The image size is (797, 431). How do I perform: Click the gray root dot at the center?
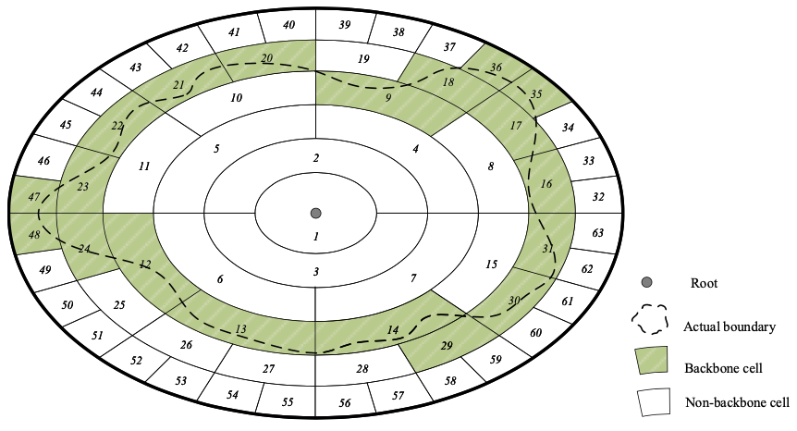click(315, 213)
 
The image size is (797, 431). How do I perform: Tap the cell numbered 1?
click(315, 237)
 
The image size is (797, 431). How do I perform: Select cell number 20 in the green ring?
click(267, 58)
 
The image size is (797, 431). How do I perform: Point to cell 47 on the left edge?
click(34, 197)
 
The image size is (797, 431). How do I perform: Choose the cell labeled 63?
click(598, 233)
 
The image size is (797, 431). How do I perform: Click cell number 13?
click(240, 329)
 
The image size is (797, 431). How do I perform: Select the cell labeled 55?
click(288, 401)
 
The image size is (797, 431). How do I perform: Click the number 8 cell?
click(491, 166)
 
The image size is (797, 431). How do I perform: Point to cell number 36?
click(497, 67)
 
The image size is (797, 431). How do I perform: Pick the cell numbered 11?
click(143, 166)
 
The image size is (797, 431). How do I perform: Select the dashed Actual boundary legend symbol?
click(651, 320)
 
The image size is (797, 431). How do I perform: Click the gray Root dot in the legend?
click(647, 282)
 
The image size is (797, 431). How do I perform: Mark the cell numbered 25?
click(119, 304)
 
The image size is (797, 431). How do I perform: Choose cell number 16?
click(546, 184)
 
